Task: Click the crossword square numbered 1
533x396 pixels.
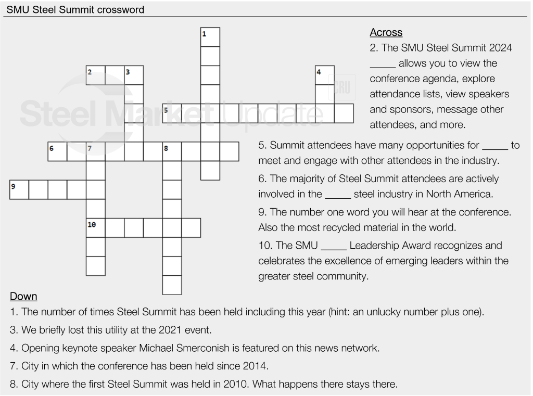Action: coord(210,37)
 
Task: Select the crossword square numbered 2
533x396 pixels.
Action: coord(96,75)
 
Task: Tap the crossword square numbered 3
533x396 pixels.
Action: coord(134,75)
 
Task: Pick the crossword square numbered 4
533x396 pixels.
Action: coord(325,75)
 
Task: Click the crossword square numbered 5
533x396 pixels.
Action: coord(172,113)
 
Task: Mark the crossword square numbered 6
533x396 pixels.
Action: coord(58,151)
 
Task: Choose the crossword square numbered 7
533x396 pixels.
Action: coord(96,151)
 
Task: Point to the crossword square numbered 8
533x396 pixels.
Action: coord(172,151)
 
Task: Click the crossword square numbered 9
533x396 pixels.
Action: coord(19,189)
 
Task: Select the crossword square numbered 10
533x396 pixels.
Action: coord(96,227)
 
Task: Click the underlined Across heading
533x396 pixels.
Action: coord(386,32)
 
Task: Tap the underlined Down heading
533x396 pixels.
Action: coord(23,297)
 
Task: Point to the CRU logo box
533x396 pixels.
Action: coord(342,87)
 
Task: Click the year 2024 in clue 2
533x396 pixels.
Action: coord(500,48)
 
